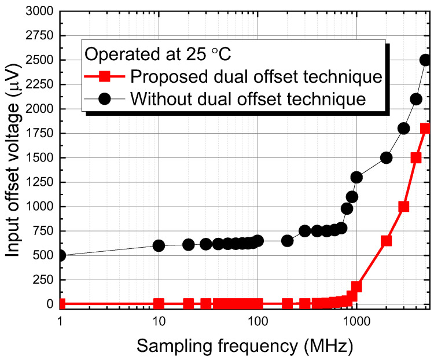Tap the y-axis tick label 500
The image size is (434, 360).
click(42, 255)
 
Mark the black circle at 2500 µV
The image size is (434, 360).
click(426, 60)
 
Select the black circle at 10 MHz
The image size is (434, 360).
click(159, 245)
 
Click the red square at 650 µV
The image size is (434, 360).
click(386, 241)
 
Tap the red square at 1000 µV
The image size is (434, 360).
click(404, 207)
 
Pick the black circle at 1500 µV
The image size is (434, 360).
click(386, 157)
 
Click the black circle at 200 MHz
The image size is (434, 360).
click(287, 240)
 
